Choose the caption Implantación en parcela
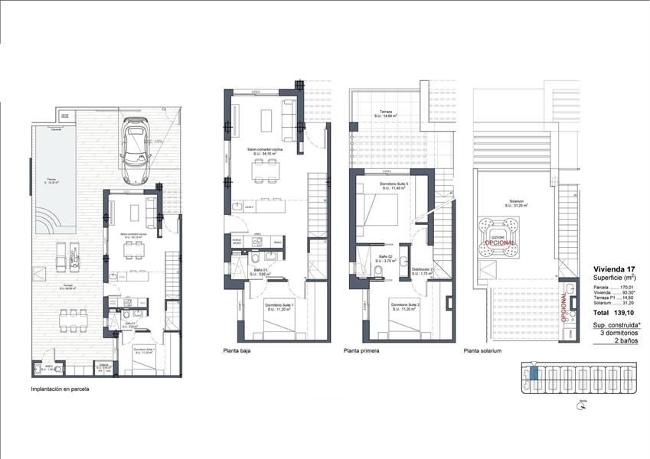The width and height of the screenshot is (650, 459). [x=60, y=389]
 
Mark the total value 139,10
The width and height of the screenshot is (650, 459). [x=626, y=314]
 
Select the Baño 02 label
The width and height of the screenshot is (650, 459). [x=385, y=256]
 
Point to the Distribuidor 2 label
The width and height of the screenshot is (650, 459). [x=423, y=270]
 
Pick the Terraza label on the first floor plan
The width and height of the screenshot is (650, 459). [x=384, y=112]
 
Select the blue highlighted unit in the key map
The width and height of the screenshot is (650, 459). [x=534, y=373]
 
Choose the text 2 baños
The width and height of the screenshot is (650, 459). [x=627, y=340]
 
